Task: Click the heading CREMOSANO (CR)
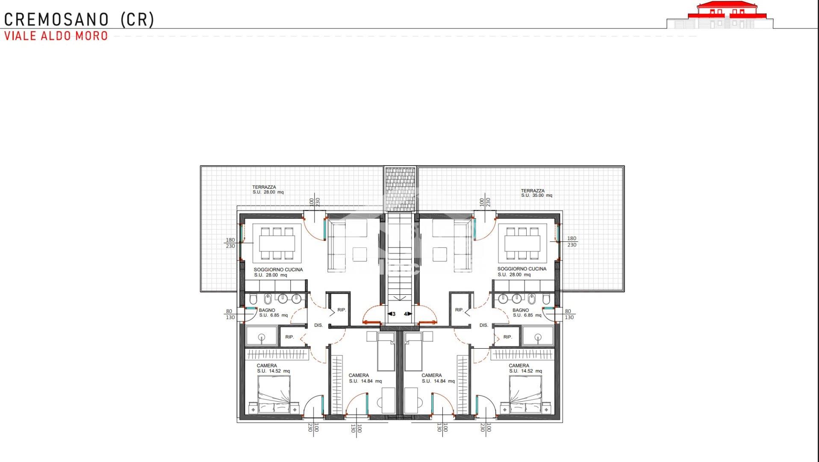(79, 20)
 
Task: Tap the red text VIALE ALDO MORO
(56, 36)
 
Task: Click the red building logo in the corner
(719, 15)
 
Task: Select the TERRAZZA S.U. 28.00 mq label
(268, 190)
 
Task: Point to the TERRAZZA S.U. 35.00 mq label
(536, 193)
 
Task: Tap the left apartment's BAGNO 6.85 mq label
(273, 313)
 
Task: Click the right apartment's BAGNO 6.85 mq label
(527, 313)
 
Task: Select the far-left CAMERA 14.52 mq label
(273, 368)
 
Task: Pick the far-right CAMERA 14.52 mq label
(525, 368)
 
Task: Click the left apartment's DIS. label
(318, 326)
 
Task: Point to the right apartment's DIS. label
(484, 326)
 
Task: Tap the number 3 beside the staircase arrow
(394, 314)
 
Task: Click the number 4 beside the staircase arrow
(405, 314)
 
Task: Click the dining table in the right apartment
(522, 243)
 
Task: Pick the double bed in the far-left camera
(274, 394)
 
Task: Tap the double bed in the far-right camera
(525, 394)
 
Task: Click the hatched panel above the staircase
(400, 189)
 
